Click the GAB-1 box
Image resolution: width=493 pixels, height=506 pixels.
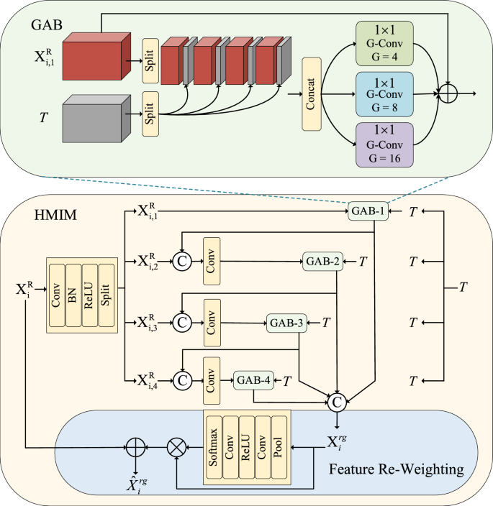[x=368, y=211]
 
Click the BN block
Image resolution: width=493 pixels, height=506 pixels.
[x=72, y=294]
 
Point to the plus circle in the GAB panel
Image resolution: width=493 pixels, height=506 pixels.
[x=449, y=93]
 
